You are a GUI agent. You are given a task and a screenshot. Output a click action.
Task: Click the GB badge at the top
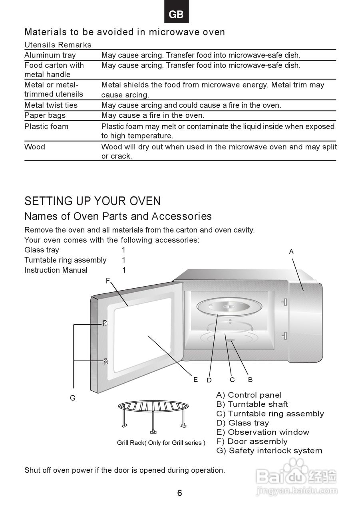coord(176,14)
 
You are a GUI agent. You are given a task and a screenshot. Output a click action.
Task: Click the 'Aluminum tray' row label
coord(50,55)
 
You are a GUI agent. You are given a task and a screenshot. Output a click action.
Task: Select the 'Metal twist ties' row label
coord(51,105)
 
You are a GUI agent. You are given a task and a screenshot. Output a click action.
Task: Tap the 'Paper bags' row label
coord(45,115)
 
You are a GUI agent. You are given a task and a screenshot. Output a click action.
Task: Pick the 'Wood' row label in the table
coord(35,147)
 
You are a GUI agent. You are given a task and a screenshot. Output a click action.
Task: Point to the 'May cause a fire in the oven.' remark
coord(153,115)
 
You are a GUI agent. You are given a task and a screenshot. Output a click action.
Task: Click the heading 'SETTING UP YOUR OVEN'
coord(92,201)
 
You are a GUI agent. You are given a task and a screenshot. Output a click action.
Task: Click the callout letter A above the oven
coord(291,252)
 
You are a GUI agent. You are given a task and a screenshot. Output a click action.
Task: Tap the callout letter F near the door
coord(107,281)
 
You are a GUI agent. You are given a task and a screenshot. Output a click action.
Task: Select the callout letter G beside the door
coord(73,398)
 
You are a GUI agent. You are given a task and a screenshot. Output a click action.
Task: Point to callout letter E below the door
coord(195,379)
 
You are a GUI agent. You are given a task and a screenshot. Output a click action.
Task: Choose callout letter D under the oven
coord(209,380)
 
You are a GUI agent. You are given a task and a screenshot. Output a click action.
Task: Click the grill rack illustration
coord(153,415)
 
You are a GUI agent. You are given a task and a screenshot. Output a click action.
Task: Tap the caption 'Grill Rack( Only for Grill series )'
coord(161,443)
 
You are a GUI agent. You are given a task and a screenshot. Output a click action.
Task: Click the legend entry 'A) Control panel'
coord(249,395)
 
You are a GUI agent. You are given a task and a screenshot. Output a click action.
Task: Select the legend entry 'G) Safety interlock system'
coord(269,451)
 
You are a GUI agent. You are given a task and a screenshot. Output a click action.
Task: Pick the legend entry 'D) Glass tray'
coord(243,423)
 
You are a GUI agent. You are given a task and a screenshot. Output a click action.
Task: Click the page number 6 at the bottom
coord(180,493)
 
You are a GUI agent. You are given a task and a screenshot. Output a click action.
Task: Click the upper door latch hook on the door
coord(105,323)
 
